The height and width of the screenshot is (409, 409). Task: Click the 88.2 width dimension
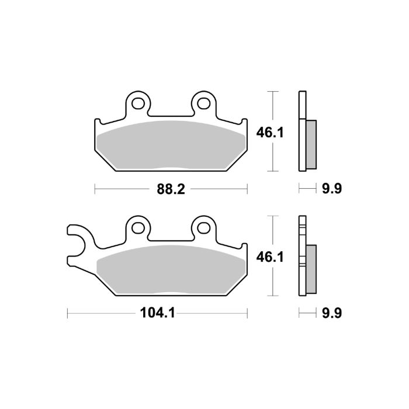pos(171,189)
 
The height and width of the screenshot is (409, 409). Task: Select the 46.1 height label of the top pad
pos(269,133)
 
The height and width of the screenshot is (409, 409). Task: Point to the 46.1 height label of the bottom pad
pos(269,257)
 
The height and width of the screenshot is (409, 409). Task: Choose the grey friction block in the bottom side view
pos(311,269)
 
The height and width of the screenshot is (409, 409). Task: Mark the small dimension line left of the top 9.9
pos(305,189)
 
